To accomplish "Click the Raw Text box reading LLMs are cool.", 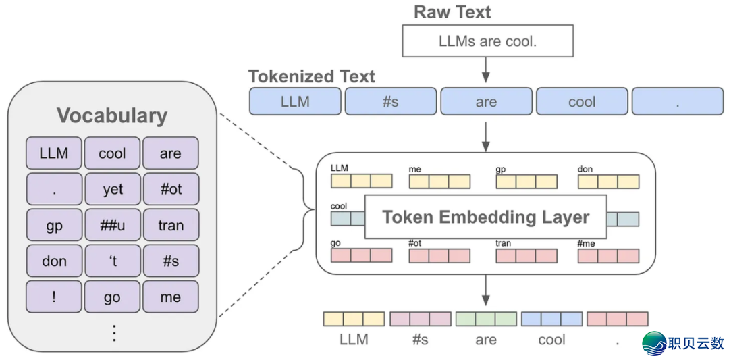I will [x=487, y=41].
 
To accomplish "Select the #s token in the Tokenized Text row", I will [x=390, y=101].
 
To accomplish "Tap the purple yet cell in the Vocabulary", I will [x=112, y=189].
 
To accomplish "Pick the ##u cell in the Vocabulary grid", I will [x=112, y=225].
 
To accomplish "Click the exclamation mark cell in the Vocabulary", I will [x=54, y=297].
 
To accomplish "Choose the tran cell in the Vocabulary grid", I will [x=171, y=225].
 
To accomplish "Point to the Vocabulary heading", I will [x=112, y=115].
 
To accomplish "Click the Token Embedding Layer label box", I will [x=485, y=217].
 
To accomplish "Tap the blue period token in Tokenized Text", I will [x=677, y=101].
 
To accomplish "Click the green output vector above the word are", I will [x=486, y=319].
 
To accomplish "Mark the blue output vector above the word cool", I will [x=551, y=319].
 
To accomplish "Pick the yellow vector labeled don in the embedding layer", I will [x=607, y=181].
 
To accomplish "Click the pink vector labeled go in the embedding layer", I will [x=361, y=255].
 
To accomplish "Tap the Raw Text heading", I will [x=452, y=11].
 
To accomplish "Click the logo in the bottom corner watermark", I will [x=654, y=343].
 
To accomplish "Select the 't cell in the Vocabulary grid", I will [x=112, y=261].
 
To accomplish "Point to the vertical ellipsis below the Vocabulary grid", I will [x=113, y=332].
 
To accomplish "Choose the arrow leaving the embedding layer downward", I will [x=485, y=290].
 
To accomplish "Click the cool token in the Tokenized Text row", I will [x=581, y=101].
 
